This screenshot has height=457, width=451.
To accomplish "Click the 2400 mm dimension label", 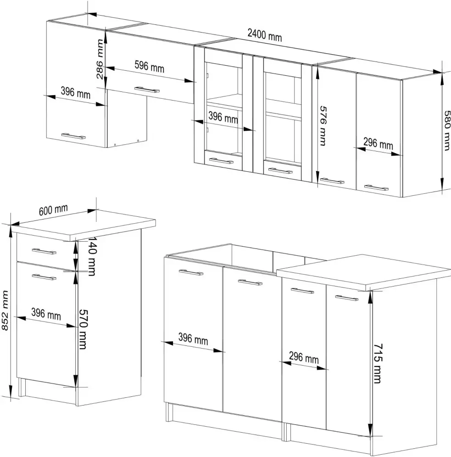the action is (265, 35).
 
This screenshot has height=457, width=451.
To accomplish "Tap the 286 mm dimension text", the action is (100, 59).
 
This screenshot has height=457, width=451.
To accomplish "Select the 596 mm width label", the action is (150, 67).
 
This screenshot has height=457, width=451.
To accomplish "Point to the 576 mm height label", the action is (323, 125).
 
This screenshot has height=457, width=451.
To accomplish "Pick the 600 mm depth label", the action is (53, 210).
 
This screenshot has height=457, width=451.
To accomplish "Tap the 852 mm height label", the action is (5, 310).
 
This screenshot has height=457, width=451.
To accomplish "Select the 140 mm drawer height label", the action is (91, 256).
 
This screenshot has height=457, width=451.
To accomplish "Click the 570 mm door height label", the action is (83, 329).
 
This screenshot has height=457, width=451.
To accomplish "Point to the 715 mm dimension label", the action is (378, 363).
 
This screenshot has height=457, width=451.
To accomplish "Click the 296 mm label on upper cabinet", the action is (378, 143).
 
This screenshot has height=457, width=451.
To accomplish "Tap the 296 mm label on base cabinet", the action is (304, 357).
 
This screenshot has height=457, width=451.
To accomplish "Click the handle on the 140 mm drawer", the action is (44, 251).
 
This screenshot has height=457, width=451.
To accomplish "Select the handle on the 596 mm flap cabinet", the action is (147, 90).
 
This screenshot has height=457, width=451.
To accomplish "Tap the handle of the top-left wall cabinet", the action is (73, 136).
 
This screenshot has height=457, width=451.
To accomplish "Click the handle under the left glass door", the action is (221, 161).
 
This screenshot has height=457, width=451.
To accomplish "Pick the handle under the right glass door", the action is (280, 170).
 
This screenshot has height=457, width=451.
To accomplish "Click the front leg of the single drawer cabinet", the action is (21, 387).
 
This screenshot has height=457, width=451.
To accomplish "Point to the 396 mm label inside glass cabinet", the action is (223, 118).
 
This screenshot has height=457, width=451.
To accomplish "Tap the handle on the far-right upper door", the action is (376, 187).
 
